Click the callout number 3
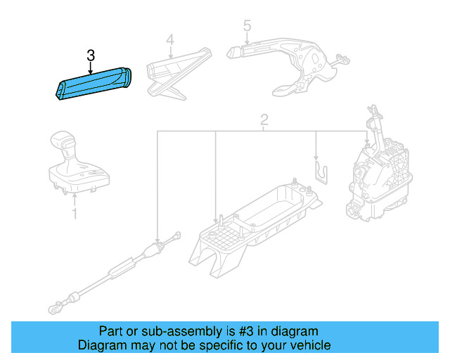coord(90,55)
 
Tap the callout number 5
coord(247,26)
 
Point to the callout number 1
coord(75,212)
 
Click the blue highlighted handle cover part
coord(94,84)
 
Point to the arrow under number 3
coord(90,67)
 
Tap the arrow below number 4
coord(169,53)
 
